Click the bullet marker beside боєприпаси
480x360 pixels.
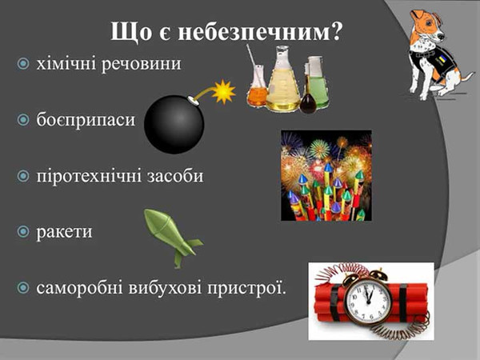pyautogui.click(x=22, y=119)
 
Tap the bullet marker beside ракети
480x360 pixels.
pyautogui.click(x=22, y=232)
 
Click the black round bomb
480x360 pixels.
pyautogui.click(x=174, y=124)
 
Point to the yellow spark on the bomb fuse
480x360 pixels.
pyautogui.click(x=223, y=91)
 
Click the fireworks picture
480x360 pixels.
pyautogui.click(x=326, y=175)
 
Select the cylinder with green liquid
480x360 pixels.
pyautogui.click(x=317, y=83)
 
